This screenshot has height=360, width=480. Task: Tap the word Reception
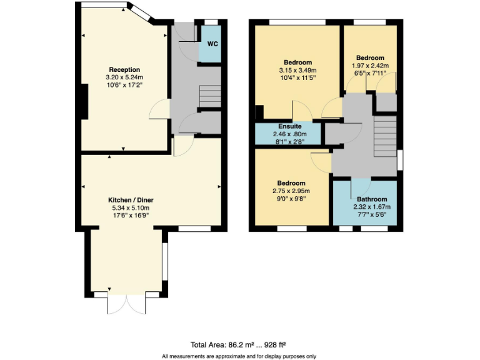click(x=124, y=69)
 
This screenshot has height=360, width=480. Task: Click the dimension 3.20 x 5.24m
click(x=124, y=77)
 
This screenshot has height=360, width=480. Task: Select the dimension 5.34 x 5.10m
click(x=129, y=208)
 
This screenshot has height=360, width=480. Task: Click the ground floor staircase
click(x=210, y=97)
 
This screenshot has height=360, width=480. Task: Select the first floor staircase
click(x=384, y=136)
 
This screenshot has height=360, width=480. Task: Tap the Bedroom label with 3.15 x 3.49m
click(x=298, y=62)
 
